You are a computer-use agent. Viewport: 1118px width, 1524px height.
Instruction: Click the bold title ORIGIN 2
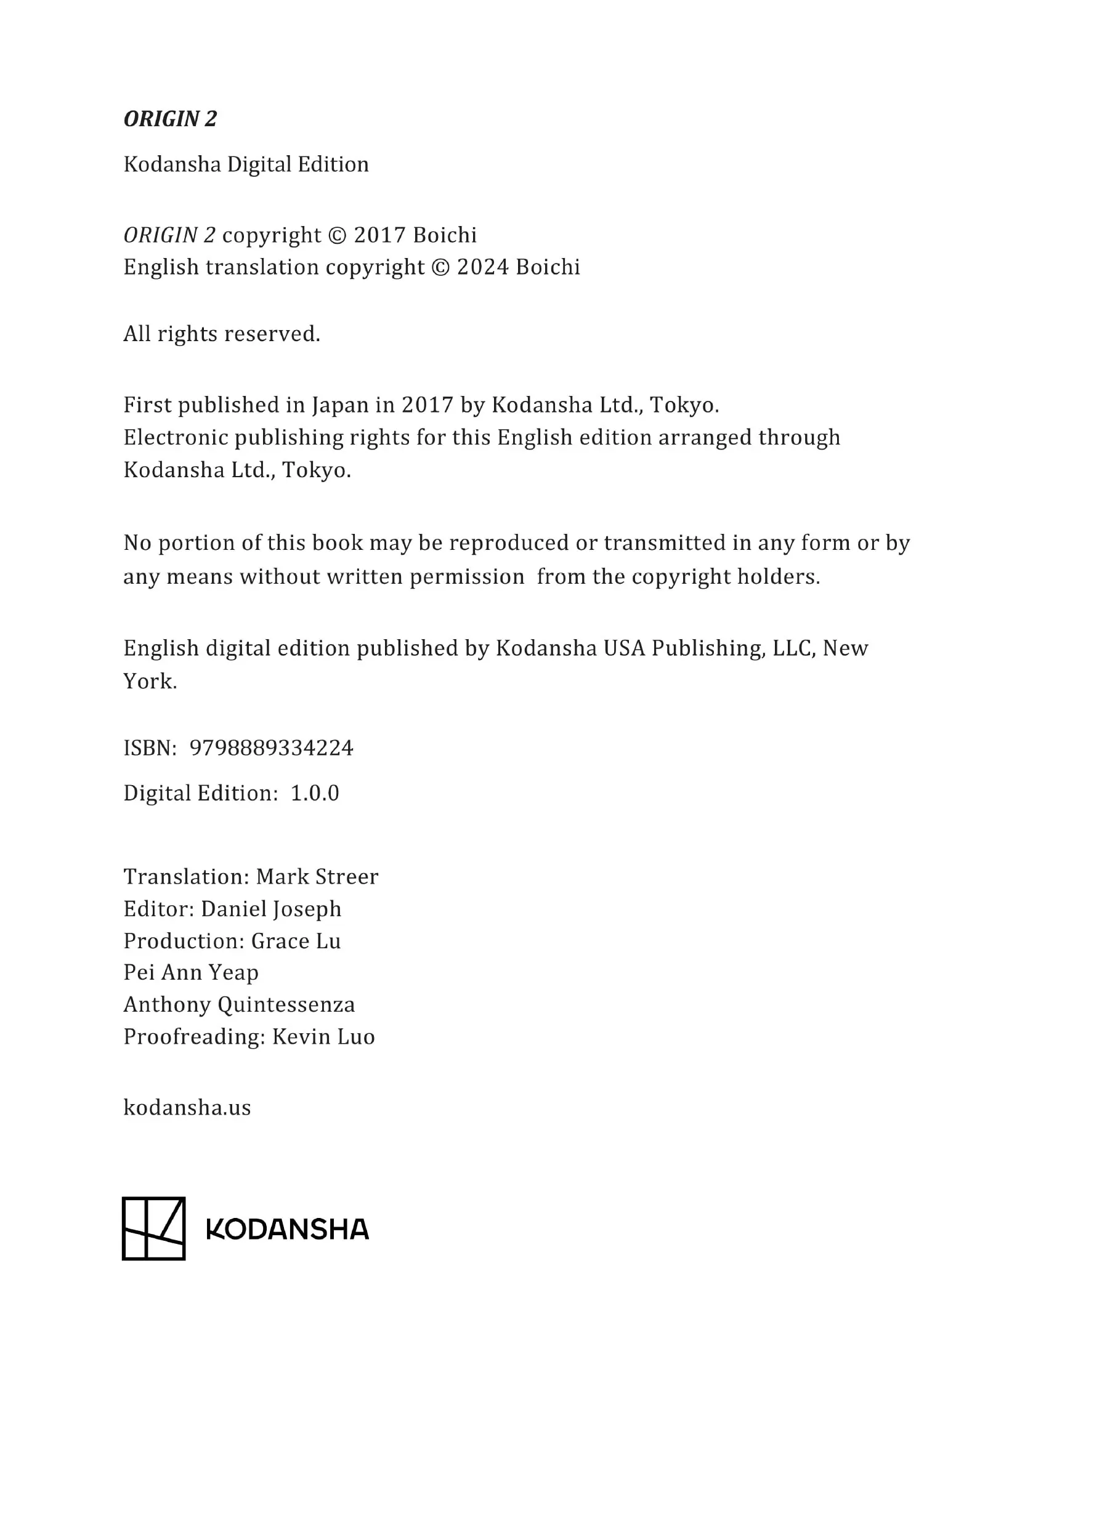pos(170,119)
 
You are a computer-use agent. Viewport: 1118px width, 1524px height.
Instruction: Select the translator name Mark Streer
pos(317,877)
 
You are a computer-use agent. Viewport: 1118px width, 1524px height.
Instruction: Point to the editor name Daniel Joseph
pos(270,909)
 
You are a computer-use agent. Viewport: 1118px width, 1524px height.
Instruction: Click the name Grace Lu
pos(296,941)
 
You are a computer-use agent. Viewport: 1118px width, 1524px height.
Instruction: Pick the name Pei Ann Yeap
pos(191,973)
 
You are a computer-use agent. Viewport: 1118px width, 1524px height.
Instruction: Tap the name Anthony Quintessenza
pos(239,1004)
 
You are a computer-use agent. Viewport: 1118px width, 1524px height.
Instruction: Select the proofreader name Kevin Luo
pos(323,1037)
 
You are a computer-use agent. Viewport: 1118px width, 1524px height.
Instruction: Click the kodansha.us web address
pos(187,1108)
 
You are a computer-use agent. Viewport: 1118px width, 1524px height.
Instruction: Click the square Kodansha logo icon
pos(153,1228)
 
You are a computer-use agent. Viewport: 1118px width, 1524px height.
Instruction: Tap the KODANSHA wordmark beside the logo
pos(288,1230)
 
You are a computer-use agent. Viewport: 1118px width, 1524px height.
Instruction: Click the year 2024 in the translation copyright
pos(482,267)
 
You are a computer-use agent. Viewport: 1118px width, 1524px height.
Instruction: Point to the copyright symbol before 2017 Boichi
pos(336,235)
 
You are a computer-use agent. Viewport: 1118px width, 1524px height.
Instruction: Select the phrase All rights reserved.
pos(221,334)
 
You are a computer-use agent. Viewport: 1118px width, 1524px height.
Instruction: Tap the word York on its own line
pos(150,681)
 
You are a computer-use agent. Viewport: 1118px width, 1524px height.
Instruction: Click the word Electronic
pos(176,438)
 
